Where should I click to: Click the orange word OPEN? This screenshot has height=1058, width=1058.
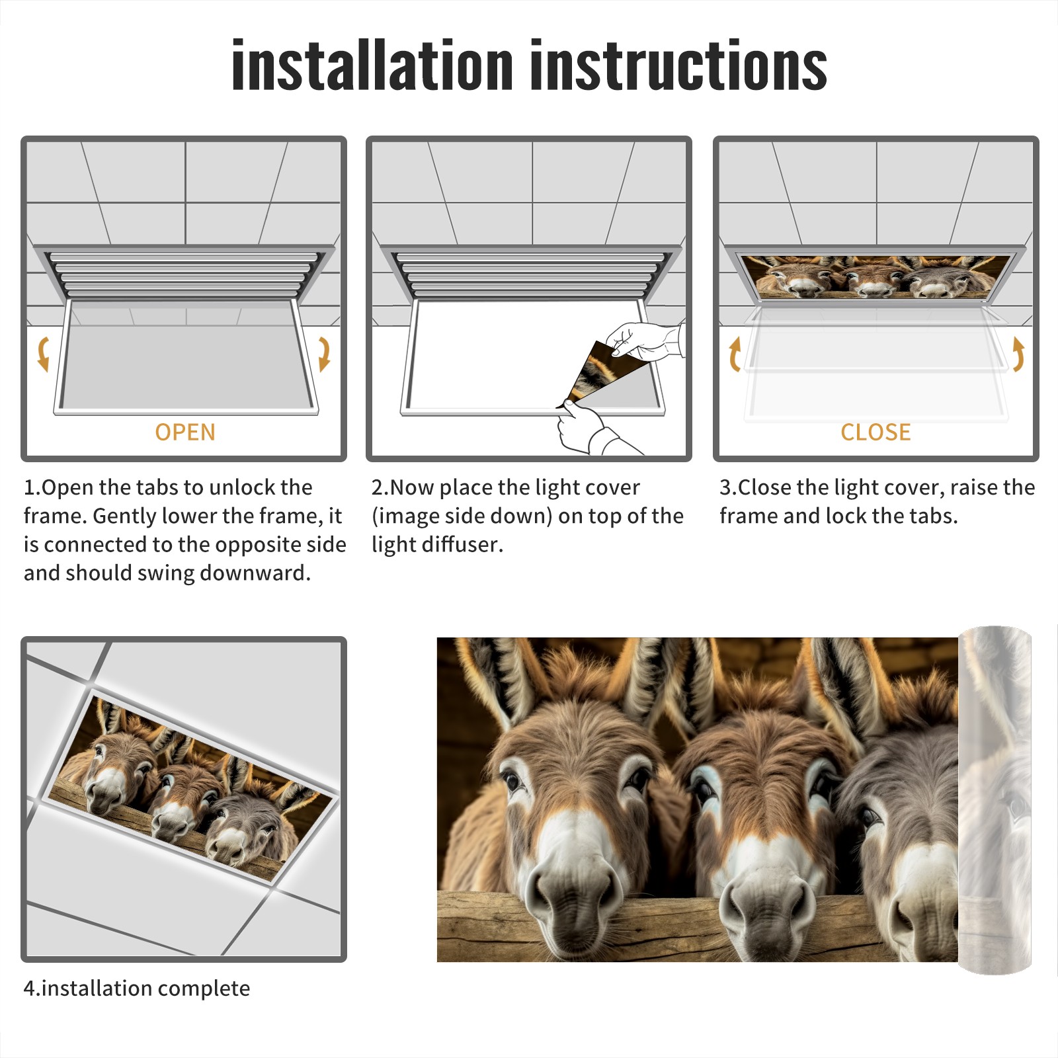point(185,432)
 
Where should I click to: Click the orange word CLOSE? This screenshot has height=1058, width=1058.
point(875,432)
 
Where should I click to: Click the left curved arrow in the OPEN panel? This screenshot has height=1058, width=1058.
point(44,354)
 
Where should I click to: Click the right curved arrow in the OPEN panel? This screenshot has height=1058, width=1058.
point(324,354)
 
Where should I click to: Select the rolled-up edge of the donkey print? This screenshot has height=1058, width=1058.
point(995,799)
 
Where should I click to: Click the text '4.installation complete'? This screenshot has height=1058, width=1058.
point(137,988)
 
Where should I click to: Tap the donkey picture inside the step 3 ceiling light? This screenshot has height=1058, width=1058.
point(876,276)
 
